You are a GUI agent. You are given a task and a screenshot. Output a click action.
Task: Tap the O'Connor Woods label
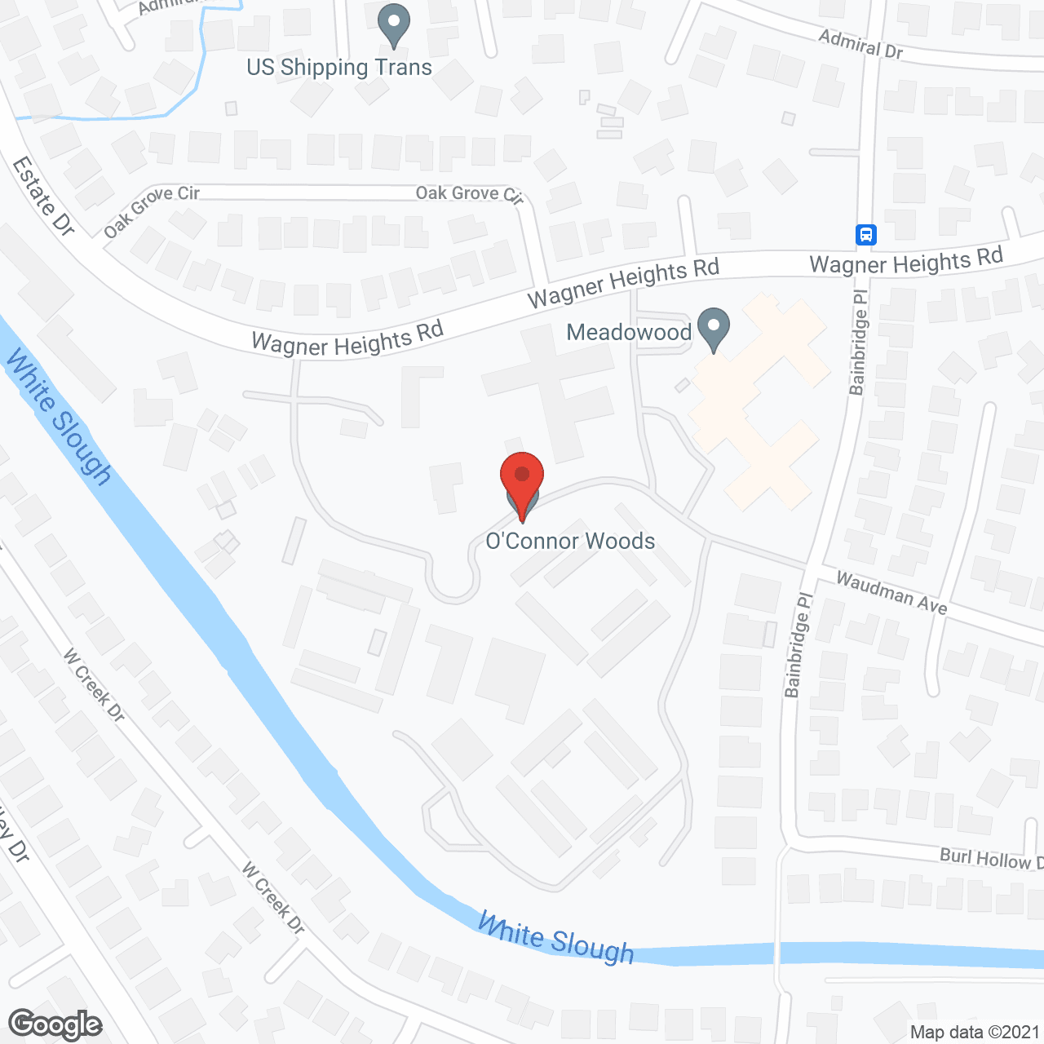[x=570, y=541]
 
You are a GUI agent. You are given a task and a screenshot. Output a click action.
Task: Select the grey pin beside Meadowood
[x=714, y=329]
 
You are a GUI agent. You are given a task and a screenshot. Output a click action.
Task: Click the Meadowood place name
[x=629, y=332]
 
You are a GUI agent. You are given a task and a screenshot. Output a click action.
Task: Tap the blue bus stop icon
[x=866, y=235]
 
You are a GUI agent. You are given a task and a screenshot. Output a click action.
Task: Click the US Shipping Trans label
[x=339, y=67]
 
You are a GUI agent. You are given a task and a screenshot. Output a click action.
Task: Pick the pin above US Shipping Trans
[x=394, y=24]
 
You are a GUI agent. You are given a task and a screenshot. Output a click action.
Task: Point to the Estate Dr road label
[x=43, y=197]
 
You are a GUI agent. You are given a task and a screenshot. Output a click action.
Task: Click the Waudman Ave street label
[x=891, y=592]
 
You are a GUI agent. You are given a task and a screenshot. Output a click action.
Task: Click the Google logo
[x=55, y=1024]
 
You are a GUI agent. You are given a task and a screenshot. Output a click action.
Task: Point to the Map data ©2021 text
[x=975, y=1032]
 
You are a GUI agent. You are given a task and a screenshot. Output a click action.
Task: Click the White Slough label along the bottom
[x=555, y=938]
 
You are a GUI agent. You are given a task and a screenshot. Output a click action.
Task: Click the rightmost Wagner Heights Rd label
[x=905, y=262]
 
